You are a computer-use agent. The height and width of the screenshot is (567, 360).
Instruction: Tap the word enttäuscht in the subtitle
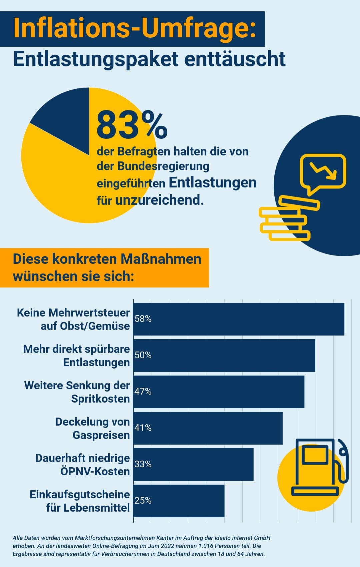click(x=235, y=59)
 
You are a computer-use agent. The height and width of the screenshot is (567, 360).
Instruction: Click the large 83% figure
click(x=132, y=125)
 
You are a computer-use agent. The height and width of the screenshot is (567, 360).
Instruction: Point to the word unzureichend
click(x=159, y=200)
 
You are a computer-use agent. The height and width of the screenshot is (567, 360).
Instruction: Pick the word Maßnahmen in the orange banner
click(x=161, y=259)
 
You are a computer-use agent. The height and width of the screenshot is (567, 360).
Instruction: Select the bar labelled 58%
click(x=239, y=319)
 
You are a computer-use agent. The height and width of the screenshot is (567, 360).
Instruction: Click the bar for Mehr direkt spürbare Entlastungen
click(x=224, y=355)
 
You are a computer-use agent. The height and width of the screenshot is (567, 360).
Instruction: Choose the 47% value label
click(x=143, y=392)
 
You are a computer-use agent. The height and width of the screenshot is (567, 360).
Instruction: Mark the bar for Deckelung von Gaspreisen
click(x=208, y=428)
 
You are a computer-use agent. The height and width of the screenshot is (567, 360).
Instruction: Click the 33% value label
click(x=143, y=464)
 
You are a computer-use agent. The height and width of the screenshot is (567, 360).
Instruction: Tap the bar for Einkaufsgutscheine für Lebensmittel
click(x=179, y=501)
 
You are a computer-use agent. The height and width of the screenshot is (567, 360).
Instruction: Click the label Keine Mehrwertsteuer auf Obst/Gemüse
click(x=73, y=319)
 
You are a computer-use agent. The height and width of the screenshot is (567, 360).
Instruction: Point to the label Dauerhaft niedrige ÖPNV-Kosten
click(x=83, y=465)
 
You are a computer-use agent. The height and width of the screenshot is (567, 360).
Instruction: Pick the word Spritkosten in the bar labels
click(x=100, y=399)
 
